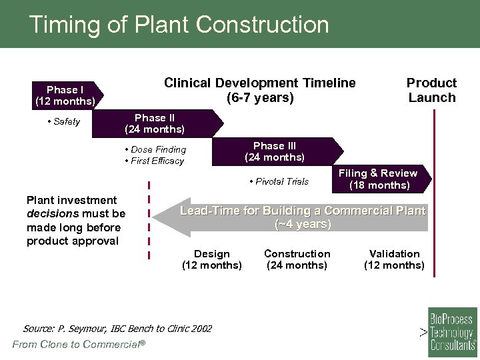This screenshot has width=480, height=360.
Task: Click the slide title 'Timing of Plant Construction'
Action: (179, 25)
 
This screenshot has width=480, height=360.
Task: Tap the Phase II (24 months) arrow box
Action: (157, 123)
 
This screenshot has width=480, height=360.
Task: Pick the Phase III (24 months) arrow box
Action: (275, 151)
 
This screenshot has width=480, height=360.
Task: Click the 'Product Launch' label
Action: (431, 90)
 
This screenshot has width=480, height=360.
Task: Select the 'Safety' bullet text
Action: (65, 121)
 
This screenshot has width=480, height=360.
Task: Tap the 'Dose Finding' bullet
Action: (157, 149)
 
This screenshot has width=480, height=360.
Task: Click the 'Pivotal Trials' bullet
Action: (281, 181)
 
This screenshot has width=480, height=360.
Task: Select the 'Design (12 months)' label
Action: (211, 259)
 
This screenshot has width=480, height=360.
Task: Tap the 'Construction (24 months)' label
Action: (297, 259)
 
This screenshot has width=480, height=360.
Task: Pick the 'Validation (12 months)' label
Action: (394, 259)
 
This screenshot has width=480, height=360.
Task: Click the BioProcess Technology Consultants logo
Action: (452, 329)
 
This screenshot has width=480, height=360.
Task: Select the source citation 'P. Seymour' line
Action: (117, 329)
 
